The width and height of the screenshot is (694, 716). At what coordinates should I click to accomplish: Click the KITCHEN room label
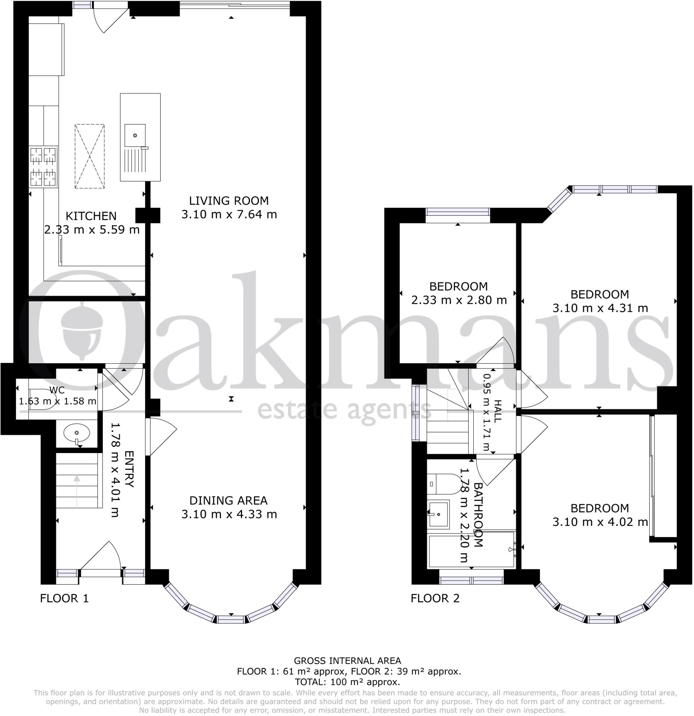[x=91, y=216]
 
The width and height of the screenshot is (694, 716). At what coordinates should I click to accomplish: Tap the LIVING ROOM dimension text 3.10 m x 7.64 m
[x=229, y=214]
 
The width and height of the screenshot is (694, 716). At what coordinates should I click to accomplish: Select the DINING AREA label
[x=228, y=501]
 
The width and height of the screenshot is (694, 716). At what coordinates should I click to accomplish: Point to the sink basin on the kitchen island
[x=135, y=136]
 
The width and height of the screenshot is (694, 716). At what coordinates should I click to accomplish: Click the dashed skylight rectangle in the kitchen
[x=90, y=156]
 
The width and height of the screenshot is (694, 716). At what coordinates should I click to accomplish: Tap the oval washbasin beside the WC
[x=76, y=434]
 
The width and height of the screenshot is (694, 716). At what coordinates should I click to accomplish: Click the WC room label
[x=57, y=390]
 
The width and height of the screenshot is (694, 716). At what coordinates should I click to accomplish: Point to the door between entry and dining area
[x=161, y=436]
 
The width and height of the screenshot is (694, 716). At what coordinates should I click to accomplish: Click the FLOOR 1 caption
[x=64, y=599]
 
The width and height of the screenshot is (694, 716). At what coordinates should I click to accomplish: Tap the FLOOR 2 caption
[x=435, y=599]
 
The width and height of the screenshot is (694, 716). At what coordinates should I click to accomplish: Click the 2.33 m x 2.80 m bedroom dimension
[x=459, y=300]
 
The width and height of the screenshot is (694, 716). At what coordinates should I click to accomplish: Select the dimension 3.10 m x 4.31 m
[x=600, y=308]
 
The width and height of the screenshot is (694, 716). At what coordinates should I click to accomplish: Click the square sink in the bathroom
[x=438, y=514]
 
